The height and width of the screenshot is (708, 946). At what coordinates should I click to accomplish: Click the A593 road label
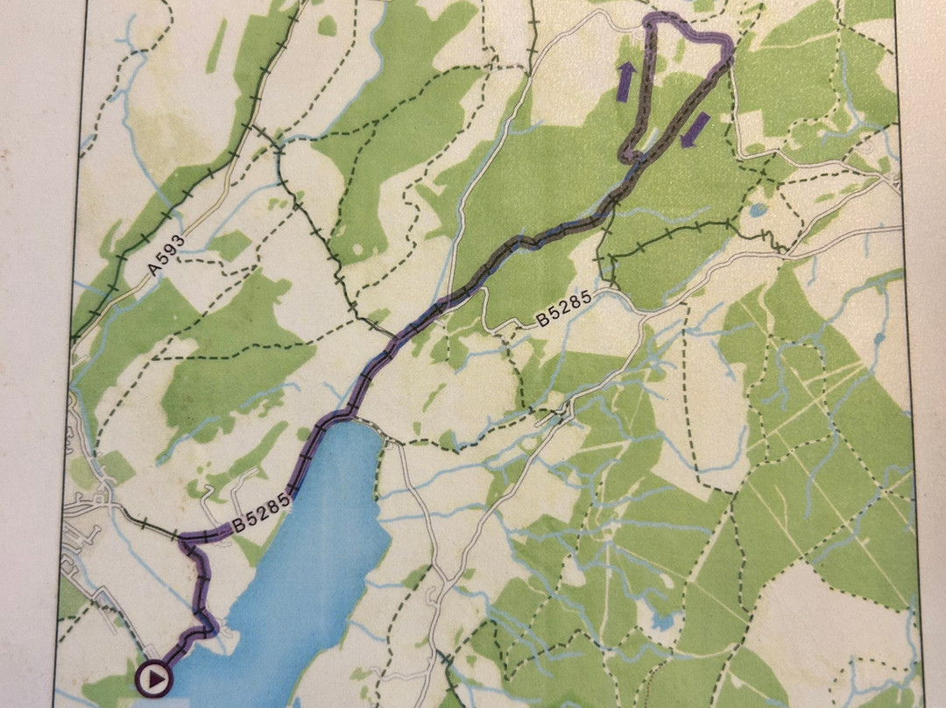166,254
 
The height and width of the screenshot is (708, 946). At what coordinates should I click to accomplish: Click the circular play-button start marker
154,677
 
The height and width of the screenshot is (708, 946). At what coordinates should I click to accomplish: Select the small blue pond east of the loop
756,211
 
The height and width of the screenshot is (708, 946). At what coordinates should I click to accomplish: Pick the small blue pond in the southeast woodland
663,619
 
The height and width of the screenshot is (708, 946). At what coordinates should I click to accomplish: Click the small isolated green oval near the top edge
327,26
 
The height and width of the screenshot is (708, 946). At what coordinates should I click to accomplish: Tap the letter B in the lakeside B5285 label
236,527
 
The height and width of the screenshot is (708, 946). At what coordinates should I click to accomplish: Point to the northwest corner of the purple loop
651,19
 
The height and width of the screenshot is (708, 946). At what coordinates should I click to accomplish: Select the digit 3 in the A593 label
180,239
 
